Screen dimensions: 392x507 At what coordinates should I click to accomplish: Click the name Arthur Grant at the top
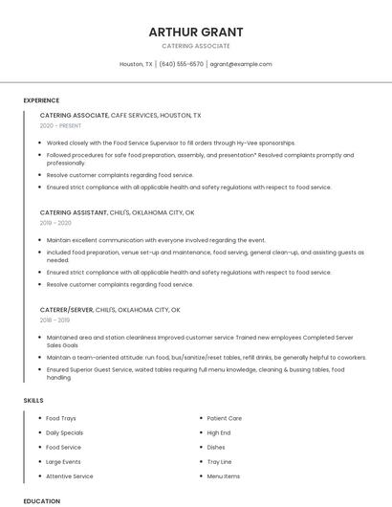(x=196, y=32)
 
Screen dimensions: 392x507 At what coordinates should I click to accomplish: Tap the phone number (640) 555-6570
(x=182, y=64)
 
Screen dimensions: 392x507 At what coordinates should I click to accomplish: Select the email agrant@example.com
(x=241, y=64)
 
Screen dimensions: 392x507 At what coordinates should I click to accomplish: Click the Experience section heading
(x=41, y=99)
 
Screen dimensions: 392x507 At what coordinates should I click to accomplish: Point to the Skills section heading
(x=33, y=400)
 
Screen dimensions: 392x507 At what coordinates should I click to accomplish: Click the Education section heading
(x=42, y=500)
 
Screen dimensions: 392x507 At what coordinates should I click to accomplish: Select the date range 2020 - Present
(x=60, y=125)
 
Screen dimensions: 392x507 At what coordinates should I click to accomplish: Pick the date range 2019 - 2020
(x=55, y=223)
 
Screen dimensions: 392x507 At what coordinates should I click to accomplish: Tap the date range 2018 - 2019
(x=55, y=320)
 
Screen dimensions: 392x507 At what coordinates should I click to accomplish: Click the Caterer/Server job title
(x=66, y=310)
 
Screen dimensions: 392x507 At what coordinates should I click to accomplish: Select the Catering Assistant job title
(x=74, y=212)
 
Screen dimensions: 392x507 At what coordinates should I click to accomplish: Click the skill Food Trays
(x=61, y=418)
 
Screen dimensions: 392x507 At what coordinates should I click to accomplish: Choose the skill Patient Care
(x=225, y=418)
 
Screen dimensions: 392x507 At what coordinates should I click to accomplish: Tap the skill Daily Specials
(x=65, y=432)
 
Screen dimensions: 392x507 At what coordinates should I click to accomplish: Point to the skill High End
(x=219, y=432)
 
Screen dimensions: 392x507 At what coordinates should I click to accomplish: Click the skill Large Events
(x=64, y=461)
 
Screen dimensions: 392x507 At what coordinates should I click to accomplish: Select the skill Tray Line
(x=219, y=461)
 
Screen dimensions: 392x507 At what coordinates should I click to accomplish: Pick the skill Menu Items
(x=224, y=475)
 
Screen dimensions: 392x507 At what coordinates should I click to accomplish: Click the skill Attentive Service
(x=70, y=475)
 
